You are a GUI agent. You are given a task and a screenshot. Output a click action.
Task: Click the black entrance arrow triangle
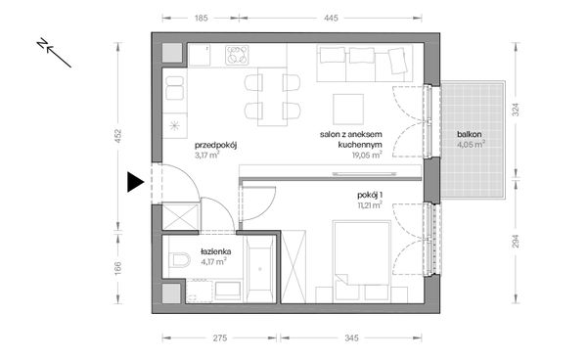[135, 182]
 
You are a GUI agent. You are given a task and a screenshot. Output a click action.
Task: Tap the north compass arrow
[54, 53]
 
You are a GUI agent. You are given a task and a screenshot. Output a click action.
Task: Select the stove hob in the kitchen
[237, 55]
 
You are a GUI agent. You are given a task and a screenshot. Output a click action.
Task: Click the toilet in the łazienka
[179, 259]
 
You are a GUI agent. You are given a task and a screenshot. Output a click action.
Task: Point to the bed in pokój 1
[362, 252]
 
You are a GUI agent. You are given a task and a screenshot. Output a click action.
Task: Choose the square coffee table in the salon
[348, 109]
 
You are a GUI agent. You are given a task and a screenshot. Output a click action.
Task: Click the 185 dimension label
[201, 18]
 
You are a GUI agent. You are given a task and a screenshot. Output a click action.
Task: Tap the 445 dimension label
[332, 18]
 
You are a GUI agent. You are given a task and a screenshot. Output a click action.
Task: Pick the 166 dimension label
[118, 268]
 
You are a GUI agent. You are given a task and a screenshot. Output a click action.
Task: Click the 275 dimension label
[220, 338]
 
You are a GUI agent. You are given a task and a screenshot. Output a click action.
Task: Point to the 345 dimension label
[351, 338]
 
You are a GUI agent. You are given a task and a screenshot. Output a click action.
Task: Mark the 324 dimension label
[516, 110]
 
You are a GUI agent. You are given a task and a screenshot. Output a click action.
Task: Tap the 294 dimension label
[516, 242]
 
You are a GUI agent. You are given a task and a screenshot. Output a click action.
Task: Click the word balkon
[470, 134]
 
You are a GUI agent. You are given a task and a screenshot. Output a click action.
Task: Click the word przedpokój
[215, 145]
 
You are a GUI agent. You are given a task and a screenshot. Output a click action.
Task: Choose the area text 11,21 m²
[370, 204]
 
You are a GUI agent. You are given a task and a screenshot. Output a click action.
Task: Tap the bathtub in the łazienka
[260, 269]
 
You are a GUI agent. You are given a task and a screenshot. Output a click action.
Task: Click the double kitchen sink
[174, 88]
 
